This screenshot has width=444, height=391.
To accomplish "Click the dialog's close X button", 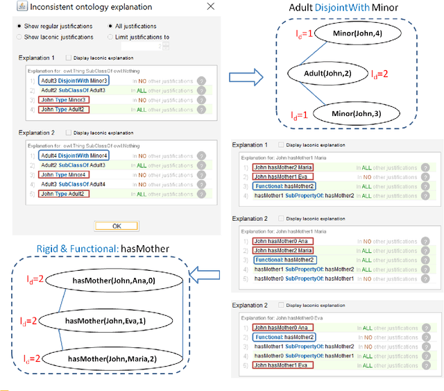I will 210,6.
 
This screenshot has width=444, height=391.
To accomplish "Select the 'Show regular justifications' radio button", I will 19,26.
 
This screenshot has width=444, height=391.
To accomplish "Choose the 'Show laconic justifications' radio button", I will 19,36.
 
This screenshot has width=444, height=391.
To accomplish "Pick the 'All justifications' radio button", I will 110,26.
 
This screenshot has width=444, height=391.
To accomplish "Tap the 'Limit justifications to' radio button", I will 110,36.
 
